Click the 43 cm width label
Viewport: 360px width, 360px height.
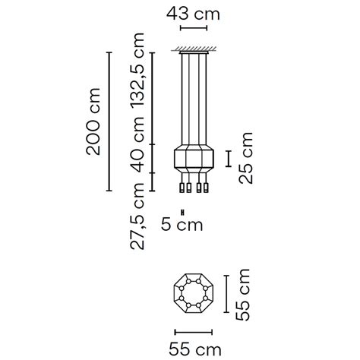(194, 14)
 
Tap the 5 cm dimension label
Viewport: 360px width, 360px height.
(182, 224)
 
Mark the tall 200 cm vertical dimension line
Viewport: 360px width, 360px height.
(110, 122)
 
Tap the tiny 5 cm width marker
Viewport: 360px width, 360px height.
(182, 210)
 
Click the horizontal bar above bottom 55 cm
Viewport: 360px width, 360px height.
(194, 331)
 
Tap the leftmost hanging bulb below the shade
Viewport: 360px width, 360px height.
(182, 187)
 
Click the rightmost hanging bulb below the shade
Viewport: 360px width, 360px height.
(205, 187)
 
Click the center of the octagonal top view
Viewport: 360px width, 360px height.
(194, 294)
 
